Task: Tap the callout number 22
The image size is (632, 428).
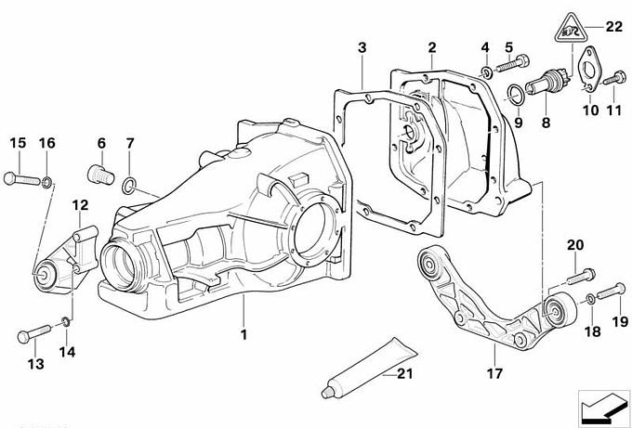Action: point(613,26)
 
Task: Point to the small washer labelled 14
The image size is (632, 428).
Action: point(63,322)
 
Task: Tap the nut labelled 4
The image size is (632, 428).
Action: point(485,71)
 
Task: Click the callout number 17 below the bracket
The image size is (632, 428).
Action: point(494,374)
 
